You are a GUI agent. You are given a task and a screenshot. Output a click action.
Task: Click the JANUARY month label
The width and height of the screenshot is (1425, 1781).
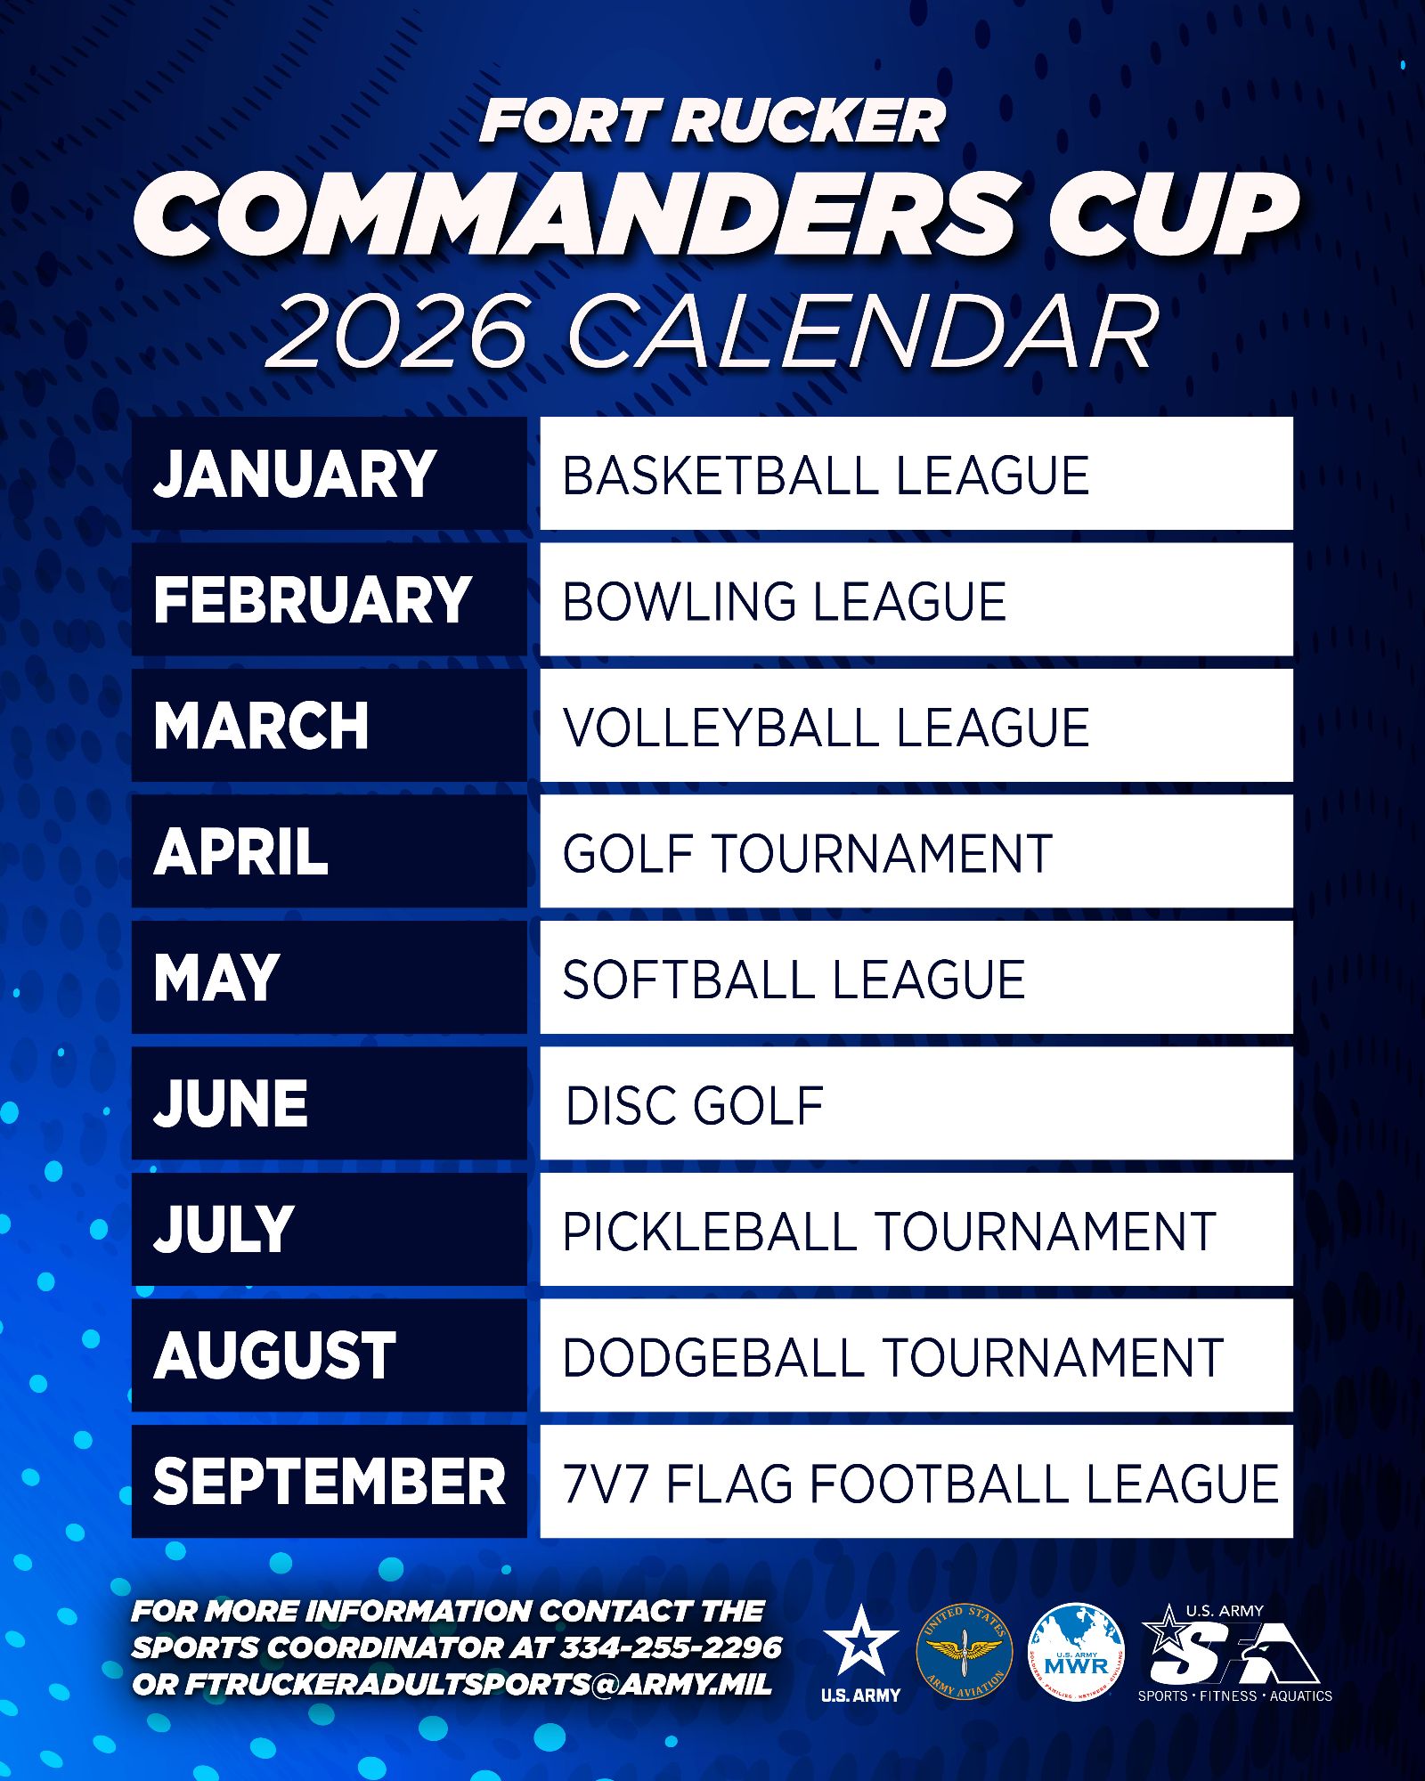[x=295, y=474]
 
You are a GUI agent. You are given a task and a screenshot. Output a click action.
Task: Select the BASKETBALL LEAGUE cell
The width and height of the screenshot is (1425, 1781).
[x=916, y=473]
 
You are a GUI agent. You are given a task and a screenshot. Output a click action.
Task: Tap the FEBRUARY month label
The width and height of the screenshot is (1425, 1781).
[x=313, y=599]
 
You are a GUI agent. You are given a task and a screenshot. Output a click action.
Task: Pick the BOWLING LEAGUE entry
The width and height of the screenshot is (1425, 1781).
[x=916, y=599]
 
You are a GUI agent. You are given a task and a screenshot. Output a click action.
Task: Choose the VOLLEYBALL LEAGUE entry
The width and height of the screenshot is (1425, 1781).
[x=916, y=726]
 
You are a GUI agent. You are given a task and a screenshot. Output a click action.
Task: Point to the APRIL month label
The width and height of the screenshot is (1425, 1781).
[x=241, y=852]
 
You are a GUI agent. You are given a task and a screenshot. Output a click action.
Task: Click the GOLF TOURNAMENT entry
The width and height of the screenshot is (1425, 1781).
[x=916, y=851]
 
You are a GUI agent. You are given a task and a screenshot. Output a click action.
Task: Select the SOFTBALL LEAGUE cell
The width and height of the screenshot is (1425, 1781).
[x=916, y=978]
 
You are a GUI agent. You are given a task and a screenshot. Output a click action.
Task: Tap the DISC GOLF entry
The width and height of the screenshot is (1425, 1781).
[x=916, y=1103]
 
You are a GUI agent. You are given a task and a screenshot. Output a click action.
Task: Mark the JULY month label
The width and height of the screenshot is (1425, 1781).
[x=224, y=1230]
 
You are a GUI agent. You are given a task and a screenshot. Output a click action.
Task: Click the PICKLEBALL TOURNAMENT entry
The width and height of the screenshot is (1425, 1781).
[x=916, y=1230]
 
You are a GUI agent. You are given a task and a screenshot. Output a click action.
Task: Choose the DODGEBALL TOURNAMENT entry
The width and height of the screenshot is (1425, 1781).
[x=916, y=1355]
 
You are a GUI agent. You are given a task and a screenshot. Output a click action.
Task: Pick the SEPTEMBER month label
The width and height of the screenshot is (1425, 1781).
[x=330, y=1482]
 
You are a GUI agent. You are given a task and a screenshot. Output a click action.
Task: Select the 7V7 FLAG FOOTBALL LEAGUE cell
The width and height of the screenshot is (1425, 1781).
[x=916, y=1482]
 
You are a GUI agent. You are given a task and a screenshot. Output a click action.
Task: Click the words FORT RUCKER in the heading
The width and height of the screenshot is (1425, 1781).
[x=712, y=121]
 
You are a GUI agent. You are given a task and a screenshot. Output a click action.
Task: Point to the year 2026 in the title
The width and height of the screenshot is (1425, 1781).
[x=398, y=331]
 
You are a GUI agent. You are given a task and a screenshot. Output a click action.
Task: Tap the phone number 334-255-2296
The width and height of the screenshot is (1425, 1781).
[x=671, y=1647]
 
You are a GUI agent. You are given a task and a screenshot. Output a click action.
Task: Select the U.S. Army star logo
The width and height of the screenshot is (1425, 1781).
[x=860, y=1654]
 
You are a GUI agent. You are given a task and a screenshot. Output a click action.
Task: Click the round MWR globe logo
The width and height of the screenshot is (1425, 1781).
[x=1076, y=1652]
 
